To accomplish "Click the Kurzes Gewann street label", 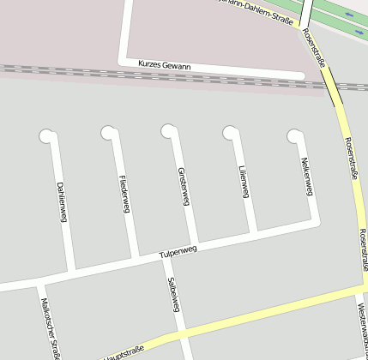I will click(165, 65).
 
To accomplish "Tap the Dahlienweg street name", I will click(62, 202).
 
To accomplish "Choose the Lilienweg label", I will click(244, 181).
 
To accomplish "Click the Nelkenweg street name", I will click(305, 176).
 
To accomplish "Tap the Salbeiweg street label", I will click(173, 293).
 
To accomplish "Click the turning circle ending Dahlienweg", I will click(45, 135).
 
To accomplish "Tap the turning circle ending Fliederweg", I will click(107, 132).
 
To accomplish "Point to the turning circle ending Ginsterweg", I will click(168, 130).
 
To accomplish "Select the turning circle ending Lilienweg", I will click(229, 132).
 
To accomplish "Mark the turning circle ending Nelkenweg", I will click(294, 135).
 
